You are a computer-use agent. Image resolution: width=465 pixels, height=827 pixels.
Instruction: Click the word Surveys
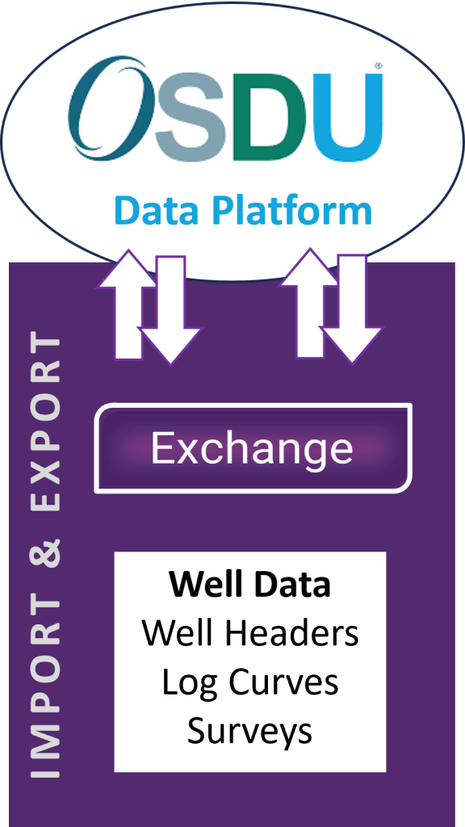249,731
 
